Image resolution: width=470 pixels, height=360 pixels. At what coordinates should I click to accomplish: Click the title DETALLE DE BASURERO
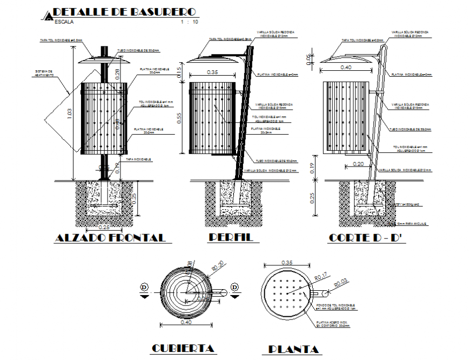[x=125, y=11]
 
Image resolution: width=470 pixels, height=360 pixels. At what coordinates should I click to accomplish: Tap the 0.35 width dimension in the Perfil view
[x=212, y=72]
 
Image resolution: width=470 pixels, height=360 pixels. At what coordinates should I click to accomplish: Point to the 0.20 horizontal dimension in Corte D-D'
[x=358, y=163]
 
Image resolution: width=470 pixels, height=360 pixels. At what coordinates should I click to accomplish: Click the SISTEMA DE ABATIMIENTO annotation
[x=44, y=72]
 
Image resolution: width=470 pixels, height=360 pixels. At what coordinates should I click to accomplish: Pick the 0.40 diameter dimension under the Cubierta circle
[x=186, y=323]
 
